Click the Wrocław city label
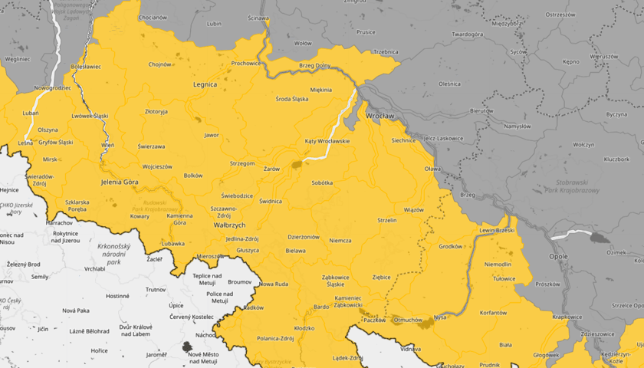coord(379,116)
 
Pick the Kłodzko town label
coord(304,328)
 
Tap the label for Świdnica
coord(271,201)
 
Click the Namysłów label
coord(517,126)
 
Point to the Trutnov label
coord(156,290)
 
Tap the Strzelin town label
coord(387,220)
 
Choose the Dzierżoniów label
coord(303,237)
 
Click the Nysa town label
coord(439,317)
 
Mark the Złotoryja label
coord(156,111)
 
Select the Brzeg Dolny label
coord(315,65)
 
